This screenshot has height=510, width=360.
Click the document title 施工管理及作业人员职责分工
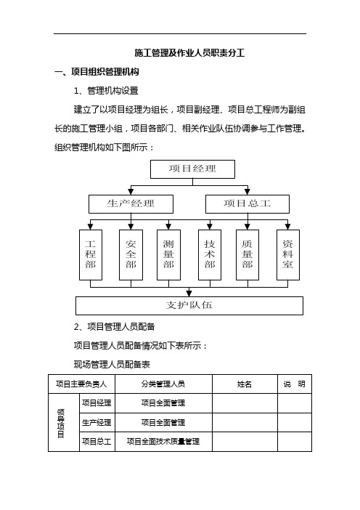[x=189, y=53]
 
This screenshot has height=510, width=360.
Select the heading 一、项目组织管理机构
[x=97, y=71]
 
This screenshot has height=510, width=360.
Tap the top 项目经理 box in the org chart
[x=192, y=169]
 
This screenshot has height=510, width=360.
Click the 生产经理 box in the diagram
[x=131, y=204]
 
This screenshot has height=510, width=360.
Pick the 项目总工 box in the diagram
[x=247, y=204]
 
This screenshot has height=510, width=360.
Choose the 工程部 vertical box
[x=91, y=255]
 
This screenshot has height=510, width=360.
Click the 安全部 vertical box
[x=131, y=255]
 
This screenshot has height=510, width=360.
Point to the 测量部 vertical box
[x=168, y=255]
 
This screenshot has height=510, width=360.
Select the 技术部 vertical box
[x=210, y=255]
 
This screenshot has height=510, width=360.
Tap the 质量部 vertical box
[x=247, y=255]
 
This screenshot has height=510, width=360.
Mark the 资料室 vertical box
[x=288, y=255]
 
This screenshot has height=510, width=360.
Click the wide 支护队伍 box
[x=189, y=306]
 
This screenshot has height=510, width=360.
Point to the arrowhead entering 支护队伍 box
[x=189, y=294]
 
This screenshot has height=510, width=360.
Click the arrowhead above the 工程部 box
[x=90, y=227]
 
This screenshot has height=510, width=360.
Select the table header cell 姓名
[x=245, y=384]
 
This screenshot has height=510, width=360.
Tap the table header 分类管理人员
[x=163, y=384]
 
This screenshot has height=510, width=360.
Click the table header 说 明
[x=295, y=384]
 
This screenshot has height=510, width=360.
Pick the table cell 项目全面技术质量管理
[x=163, y=442]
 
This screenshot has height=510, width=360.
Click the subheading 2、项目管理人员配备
[x=115, y=326]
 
